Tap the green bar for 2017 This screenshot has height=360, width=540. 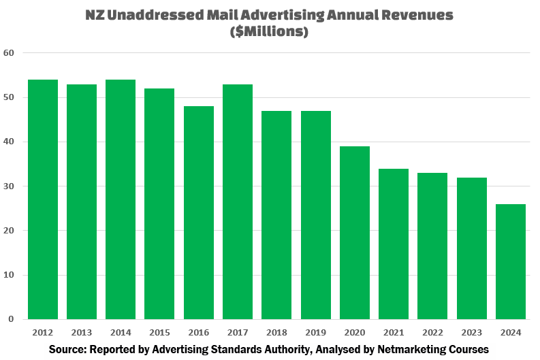point(237,201)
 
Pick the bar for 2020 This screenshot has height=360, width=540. point(354,233)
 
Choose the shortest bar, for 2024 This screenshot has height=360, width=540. point(510,261)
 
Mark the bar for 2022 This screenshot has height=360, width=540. point(432,246)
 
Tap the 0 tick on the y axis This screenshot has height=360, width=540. point(11,319)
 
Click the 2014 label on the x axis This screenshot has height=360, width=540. point(120,332)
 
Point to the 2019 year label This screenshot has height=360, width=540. point(315,332)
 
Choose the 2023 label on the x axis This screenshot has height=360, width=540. point(471,332)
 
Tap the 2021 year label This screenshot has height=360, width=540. point(393,332)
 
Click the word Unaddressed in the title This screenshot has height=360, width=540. point(155,16)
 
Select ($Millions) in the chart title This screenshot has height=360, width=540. point(270,32)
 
